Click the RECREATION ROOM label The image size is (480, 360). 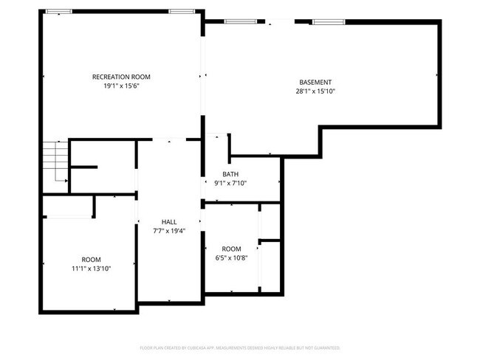point(121,77)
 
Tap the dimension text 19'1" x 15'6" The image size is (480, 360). point(121,86)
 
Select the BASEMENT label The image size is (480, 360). point(315,82)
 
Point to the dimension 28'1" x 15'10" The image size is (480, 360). point(315,92)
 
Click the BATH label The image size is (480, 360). point(230,174)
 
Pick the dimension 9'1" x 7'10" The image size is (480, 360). point(230,184)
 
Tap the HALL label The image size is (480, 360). point(169,221)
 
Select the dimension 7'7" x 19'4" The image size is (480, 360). point(169,231)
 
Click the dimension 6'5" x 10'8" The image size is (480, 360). point(231,258)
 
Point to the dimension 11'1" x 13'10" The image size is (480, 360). point(91,269)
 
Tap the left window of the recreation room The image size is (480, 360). point(59,12)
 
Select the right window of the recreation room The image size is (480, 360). point(181,12)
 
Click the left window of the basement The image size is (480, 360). point(236,21)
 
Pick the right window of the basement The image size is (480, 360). point(323,21)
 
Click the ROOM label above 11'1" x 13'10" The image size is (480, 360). point(91,259)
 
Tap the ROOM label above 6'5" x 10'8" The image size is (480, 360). point(231,249)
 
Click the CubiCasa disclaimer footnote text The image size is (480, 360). point(240,347)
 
